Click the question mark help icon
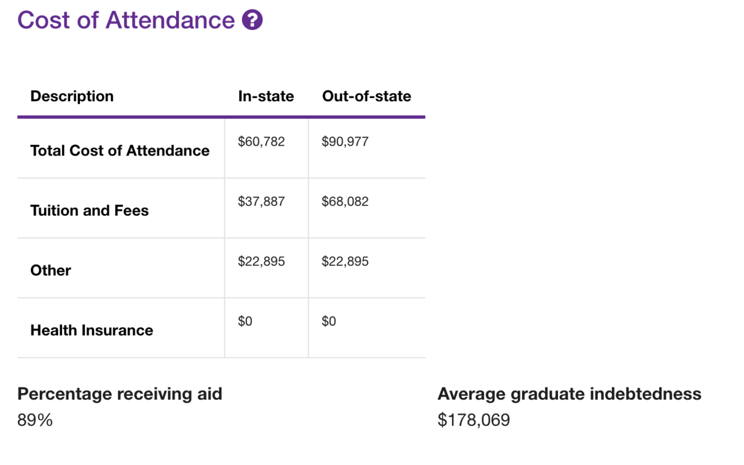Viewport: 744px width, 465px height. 252,20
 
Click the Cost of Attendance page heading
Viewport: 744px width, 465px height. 126,20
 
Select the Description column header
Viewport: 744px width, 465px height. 72,96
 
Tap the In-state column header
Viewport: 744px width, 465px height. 266,96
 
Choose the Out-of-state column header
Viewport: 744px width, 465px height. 366,96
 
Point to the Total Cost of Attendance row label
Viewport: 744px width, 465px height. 120,151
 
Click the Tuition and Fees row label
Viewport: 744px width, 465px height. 89,211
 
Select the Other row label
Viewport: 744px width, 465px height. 51,270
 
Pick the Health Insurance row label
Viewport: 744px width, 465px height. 92,330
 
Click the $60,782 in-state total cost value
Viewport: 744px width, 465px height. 261,141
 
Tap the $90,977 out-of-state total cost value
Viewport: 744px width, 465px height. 345,141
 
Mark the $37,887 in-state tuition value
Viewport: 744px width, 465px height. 261,201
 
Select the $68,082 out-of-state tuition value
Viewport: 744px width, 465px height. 345,201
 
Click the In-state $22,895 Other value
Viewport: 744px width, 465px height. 261,262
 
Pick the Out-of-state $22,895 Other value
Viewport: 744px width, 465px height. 345,262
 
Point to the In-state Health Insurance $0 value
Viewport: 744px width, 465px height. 245,321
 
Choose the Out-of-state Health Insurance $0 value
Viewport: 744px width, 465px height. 329,321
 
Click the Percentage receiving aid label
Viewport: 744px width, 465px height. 120,394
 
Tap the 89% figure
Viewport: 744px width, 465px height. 35,420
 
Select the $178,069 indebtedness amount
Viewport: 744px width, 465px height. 474,420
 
